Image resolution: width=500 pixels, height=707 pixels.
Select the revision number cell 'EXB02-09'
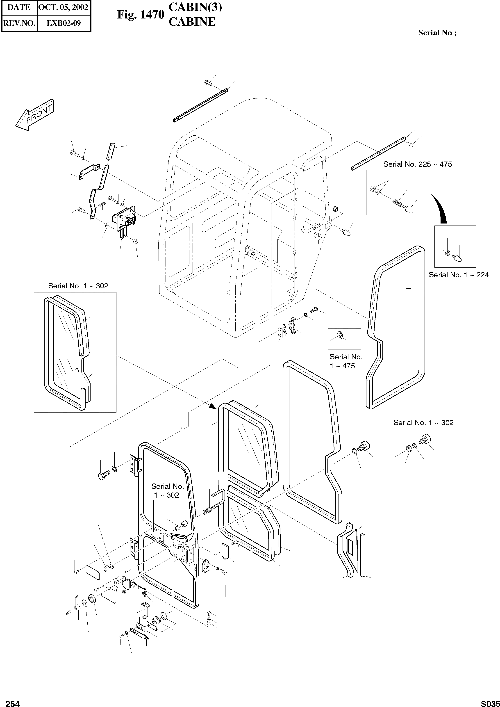(64, 23)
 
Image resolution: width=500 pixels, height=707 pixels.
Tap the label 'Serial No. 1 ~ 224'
(458, 275)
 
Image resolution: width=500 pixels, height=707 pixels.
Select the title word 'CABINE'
(192, 22)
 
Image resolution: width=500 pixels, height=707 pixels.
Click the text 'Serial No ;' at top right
(437, 33)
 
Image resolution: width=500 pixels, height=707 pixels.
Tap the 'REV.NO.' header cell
(19, 23)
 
